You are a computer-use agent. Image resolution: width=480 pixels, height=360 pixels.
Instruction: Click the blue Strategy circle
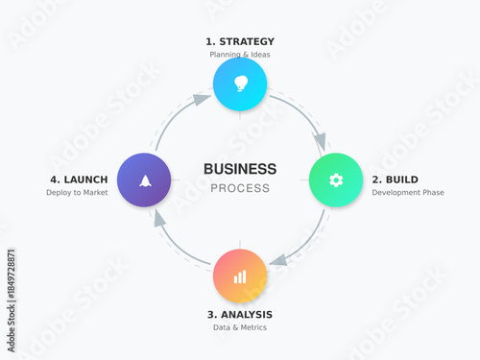point(240,84)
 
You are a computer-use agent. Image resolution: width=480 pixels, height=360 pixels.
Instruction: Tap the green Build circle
point(335,180)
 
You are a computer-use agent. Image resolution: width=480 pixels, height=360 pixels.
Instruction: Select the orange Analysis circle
point(240,276)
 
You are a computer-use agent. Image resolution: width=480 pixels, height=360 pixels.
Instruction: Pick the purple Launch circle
point(144,180)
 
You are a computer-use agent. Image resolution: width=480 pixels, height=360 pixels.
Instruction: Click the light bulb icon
point(240,83)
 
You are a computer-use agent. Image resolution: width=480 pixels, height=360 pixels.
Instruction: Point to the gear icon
point(335,180)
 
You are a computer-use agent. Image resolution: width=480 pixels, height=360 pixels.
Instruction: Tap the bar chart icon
point(240,276)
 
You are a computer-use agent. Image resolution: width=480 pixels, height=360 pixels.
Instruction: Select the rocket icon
point(144,180)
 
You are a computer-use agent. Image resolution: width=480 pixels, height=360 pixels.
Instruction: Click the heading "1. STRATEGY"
point(240,41)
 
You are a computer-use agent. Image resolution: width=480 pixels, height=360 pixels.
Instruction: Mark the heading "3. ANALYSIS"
point(240,314)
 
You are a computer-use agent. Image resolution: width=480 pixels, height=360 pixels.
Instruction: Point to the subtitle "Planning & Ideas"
point(240,55)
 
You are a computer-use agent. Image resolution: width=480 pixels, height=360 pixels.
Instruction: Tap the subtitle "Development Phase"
point(408,192)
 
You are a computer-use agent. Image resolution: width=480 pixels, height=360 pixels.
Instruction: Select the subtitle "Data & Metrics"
point(240,327)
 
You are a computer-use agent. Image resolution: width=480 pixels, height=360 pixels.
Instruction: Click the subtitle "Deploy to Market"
point(77,192)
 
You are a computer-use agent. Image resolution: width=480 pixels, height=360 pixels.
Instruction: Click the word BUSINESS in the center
point(240,169)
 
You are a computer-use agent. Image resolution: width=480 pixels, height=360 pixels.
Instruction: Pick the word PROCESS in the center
point(240,188)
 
